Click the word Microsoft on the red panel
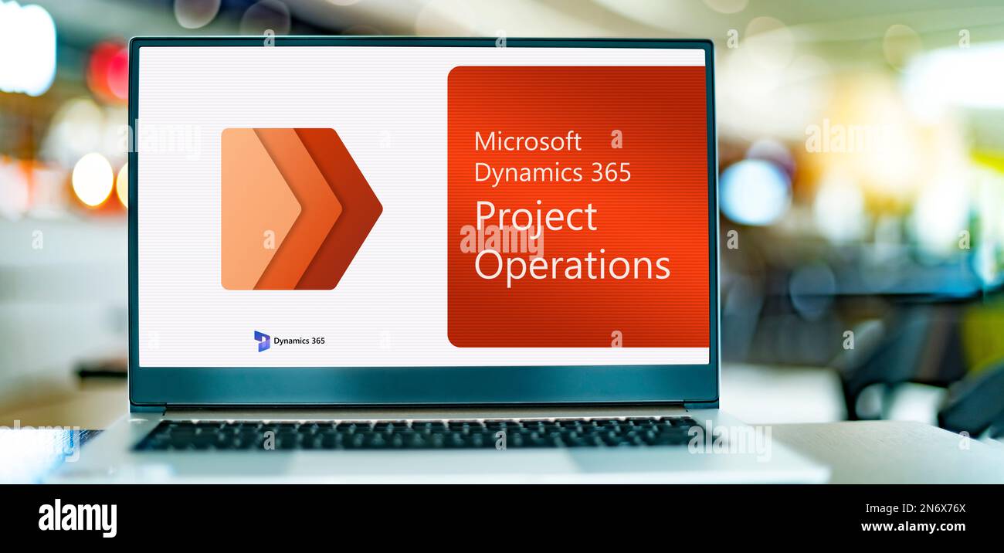coord(528,141)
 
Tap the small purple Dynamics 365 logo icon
coord(262,341)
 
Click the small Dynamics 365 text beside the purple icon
coord(299,341)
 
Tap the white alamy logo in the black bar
coord(77,518)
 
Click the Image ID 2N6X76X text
coord(915,509)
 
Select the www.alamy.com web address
coord(913,526)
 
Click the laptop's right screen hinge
coord(701,406)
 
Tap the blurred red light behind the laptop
coord(108,71)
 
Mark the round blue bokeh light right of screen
coord(755,192)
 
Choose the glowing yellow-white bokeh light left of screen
coord(93,180)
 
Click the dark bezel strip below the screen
coord(423,385)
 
